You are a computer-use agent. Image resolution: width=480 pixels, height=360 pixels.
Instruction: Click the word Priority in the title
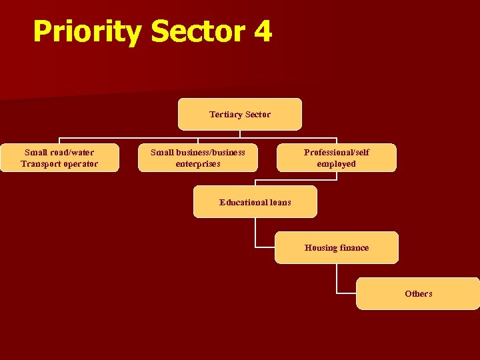tap(87, 31)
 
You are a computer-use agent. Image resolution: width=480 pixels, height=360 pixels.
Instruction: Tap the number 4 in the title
tap(262, 31)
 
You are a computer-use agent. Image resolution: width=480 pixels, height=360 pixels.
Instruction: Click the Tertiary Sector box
tap(239, 114)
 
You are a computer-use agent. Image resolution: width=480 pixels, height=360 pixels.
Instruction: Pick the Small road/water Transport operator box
tap(59, 158)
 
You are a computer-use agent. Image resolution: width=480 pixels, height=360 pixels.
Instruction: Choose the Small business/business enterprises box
tap(197, 158)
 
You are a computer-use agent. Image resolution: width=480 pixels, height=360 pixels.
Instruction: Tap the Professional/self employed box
tap(336, 158)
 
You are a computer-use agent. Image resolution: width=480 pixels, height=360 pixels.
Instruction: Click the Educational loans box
tap(255, 202)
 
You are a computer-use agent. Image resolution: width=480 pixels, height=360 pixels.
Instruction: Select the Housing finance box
tap(336, 247)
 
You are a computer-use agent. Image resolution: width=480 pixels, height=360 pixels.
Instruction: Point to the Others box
tap(418, 293)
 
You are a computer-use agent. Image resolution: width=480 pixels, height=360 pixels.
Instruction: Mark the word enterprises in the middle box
tap(198, 164)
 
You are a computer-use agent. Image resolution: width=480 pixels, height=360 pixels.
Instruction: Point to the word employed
tap(336, 164)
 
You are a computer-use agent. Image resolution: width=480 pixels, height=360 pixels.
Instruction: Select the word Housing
tap(321, 247)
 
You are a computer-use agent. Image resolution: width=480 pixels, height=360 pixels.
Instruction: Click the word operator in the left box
tap(82, 164)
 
